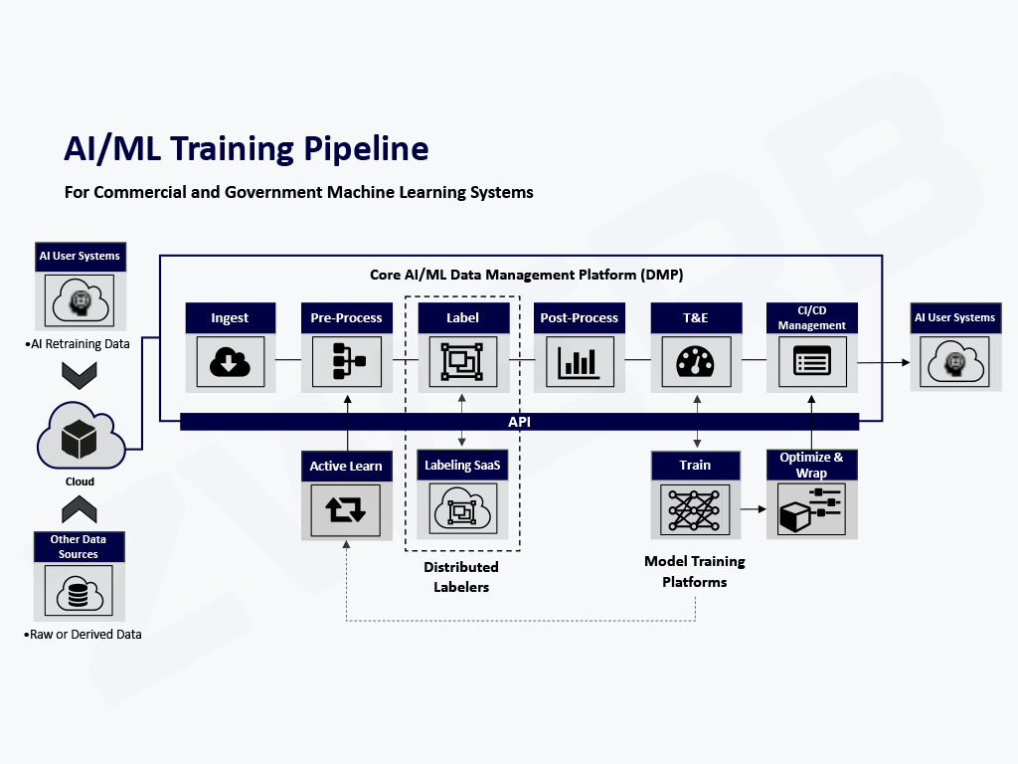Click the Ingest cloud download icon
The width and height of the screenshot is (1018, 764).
click(x=230, y=362)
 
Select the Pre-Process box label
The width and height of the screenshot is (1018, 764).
click(x=346, y=318)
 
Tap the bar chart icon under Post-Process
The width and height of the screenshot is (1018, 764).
click(x=580, y=362)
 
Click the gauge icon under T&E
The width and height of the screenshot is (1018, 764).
click(x=695, y=362)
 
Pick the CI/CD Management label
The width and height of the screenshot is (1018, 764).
click(x=811, y=318)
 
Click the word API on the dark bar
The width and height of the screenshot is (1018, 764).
click(x=520, y=422)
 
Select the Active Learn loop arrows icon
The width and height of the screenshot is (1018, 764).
click(x=346, y=510)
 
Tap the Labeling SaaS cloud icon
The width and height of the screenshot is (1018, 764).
click(x=462, y=509)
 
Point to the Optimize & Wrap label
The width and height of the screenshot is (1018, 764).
click(x=811, y=465)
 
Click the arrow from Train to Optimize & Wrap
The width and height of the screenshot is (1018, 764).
click(x=753, y=509)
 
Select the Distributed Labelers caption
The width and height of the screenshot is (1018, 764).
click(x=461, y=577)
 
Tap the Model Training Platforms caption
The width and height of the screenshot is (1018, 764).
click(x=694, y=572)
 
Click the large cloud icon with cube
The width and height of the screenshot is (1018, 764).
click(x=80, y=437)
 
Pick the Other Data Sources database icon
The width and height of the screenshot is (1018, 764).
click(x=79, y=592)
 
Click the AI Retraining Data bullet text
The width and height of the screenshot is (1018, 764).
click(x=79, y=345)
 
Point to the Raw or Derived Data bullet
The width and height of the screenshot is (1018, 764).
click(x=85, y=634)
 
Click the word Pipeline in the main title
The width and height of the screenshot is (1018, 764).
click(x=362, y=148)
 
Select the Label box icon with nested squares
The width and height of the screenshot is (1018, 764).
click(x=462, y=362)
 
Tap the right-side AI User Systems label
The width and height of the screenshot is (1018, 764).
click(x=954, y=317)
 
